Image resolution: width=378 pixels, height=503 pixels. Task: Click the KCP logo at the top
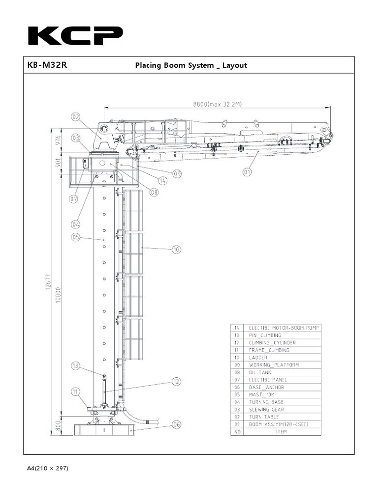point(75,36)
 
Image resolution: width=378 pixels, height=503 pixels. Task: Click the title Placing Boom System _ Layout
point(191,65)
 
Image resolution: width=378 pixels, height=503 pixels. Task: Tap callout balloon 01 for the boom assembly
point(247,171)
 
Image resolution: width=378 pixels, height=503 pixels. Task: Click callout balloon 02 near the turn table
point(75,117)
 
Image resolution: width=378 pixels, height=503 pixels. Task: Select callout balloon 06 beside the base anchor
point(176,424)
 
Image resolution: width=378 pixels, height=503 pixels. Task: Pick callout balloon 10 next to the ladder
point(176,250)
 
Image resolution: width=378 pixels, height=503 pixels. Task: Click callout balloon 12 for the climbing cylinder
point(176,381)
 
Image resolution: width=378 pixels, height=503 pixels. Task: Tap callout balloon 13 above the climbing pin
point(75,365)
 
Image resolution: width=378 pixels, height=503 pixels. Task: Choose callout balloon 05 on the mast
point(75,237)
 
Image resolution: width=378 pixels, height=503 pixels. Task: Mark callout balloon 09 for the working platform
point(177,173)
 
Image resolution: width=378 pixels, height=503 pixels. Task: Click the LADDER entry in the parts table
point(258,358)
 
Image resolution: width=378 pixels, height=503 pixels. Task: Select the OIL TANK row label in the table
point(260,372)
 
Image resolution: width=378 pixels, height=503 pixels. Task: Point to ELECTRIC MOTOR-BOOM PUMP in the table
point(283,328)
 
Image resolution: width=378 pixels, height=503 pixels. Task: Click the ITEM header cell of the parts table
point(281,432)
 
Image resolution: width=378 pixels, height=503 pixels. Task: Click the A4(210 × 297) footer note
point(48,468)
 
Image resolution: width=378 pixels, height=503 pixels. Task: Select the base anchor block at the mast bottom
point(104,430)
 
